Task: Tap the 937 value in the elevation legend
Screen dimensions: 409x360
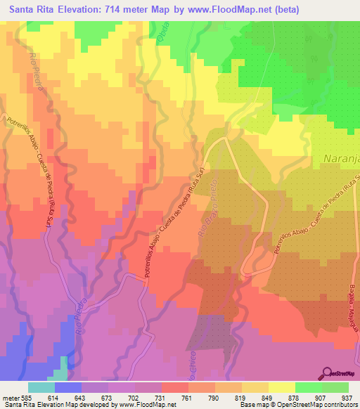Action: coord(347,396)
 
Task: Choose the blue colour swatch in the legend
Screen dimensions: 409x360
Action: coord(68,387)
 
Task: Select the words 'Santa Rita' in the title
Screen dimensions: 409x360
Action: coord(31,10)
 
